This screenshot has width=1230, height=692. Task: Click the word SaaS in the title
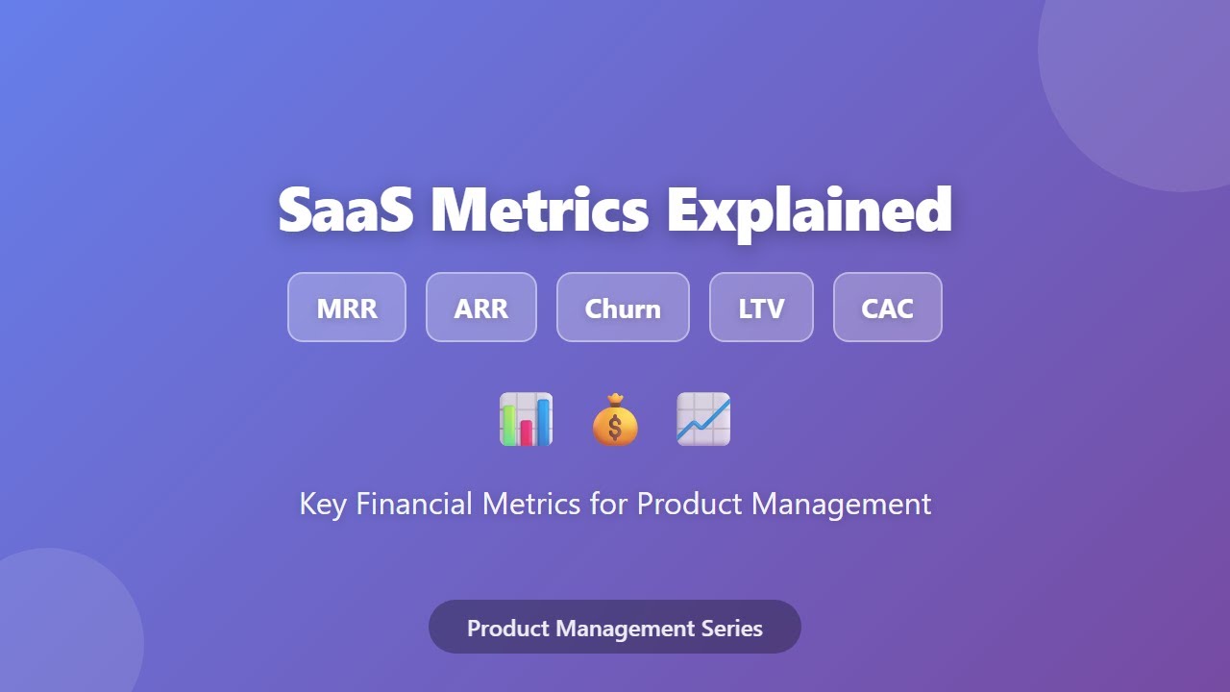pyautogui.click(x=346, y=210)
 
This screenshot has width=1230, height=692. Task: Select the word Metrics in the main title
pyautogui.click(x=539, y=210)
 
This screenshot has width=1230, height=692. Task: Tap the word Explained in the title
pyautogui.click(x=809, y=210)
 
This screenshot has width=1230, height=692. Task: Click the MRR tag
pyautogui.click(x=347, y=308)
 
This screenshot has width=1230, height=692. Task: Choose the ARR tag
pyautogui.click(x=481, y=308)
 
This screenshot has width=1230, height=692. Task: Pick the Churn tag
pyautogui.click(x=623, y=308)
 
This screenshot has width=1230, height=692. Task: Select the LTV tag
pyautogui.click(x=761, y=308)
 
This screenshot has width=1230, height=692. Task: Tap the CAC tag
pyautogui.click(x=887, y=308)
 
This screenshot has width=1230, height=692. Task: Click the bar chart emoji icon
pyautogui.click(x=527, y=419)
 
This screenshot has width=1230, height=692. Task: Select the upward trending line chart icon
pyautogui.click(x=703, y=419)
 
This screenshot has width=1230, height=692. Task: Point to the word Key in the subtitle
pyautogui.click(x=322, y=504)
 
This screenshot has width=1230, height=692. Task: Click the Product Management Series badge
pyautogui.click(x=615, y=627)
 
